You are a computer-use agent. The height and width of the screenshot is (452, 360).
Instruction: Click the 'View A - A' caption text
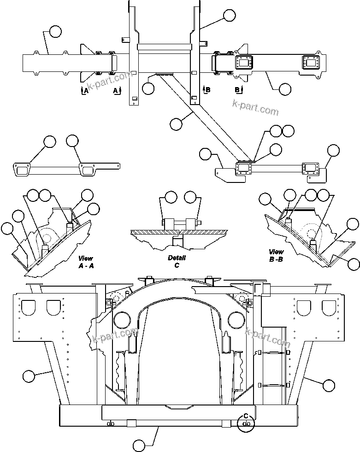click(86, 262)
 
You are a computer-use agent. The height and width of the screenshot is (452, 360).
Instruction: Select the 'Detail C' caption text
click(177, 262)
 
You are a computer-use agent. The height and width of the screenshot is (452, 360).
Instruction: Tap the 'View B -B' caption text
click(277, 255)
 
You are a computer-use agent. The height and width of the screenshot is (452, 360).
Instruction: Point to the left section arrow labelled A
click(83, 90)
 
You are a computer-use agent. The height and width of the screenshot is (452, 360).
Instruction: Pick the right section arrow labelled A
click(117, 90)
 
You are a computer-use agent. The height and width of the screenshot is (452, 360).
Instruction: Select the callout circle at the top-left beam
click(55, 31)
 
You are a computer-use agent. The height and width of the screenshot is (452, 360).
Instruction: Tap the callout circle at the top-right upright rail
click(229, 15)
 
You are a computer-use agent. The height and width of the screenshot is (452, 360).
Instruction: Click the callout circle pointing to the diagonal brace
click(176, 123)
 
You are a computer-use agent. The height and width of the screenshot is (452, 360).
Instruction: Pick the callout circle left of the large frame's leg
click(29, 376)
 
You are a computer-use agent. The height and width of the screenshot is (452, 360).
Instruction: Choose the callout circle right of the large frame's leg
click(329, 384)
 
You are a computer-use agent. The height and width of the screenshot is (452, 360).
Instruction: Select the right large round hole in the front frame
click(235, 319)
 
